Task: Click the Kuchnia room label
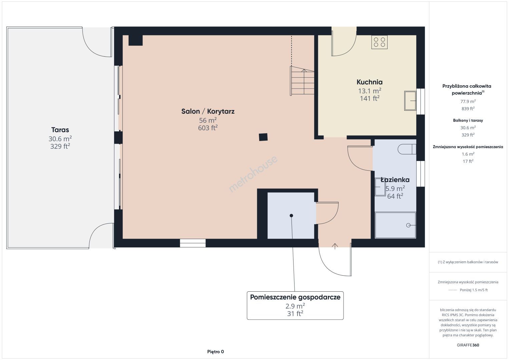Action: [x=370, y=82]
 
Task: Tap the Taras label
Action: [x=60, y=130]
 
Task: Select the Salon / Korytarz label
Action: [x=208, y=111]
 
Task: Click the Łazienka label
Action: [x=395, y=180]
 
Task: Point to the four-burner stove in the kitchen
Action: [x=380, y=42]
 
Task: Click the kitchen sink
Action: [x=410, y=101]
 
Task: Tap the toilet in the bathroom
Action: [x=407, y=149]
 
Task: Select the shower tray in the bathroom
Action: [x=395, y=225]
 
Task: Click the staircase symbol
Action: [x=302, y=81]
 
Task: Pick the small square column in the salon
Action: [x=263, y=137]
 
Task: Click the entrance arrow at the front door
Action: [x=335, y=246]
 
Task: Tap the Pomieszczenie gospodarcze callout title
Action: [x=295, y=297]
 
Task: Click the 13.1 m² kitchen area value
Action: [x=370, y=91]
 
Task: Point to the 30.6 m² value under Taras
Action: [x=60, y=139]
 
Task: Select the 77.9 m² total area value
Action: [x=468, y=101]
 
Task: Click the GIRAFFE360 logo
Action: [x=468, y=345]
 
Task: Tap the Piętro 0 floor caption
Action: [x=215, y=352]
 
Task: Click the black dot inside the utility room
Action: [x=291, y=216]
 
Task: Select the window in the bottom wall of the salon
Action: [x=193, y=243]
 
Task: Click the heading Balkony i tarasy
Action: [x=468, y=120]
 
